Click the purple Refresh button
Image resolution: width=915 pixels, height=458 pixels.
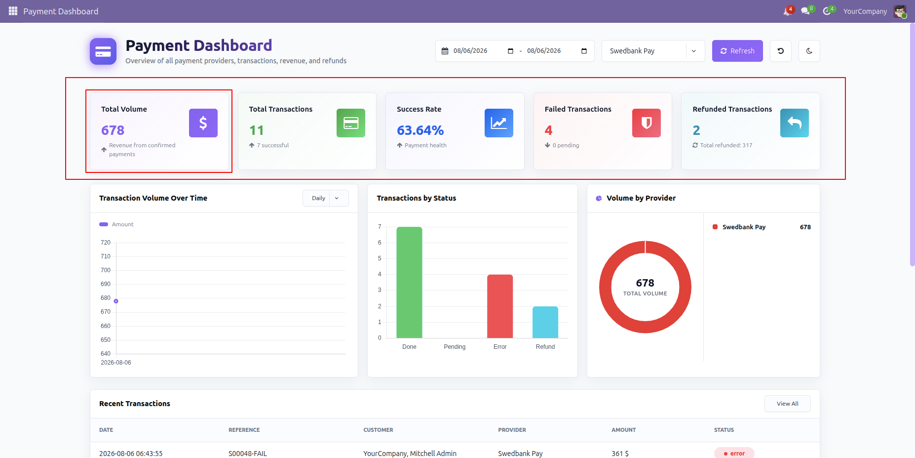pos(737,51)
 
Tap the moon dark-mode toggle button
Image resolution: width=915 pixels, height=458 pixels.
pos(809,51)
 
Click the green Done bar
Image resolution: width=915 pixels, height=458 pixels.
pos(409,282)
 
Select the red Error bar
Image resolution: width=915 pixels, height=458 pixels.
pos(500,306)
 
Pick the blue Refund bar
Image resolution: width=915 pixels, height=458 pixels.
pos(545,322)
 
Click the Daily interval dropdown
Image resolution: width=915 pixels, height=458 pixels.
pos(326,198)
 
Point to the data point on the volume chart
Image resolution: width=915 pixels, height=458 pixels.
pos(116,301)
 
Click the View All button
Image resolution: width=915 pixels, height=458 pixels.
pos(787,404)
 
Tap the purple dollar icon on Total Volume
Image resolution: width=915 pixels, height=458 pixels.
pos(203,123)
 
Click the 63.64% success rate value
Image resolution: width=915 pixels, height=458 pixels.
pos(420,130)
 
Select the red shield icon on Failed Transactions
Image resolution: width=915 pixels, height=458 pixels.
pos(647,123)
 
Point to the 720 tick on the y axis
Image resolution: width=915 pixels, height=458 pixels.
pos(106,243)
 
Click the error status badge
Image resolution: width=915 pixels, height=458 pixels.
pos(734,453)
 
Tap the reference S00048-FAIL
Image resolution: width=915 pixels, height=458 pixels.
pos(248,454)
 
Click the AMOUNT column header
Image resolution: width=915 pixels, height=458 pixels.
pos(624,430)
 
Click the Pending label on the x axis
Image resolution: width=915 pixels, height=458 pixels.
pos(455,347)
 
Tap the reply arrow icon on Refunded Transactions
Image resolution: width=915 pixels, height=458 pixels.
pos(795,123)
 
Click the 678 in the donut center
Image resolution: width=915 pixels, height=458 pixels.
pos(645,283)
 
